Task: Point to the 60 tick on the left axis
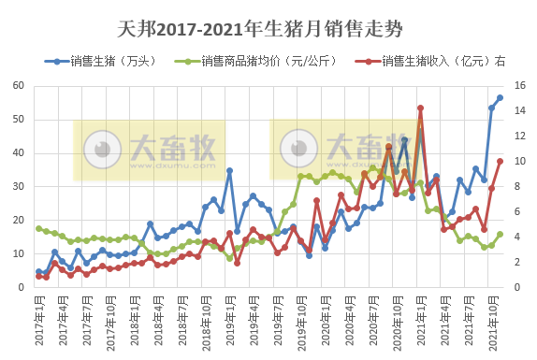click(x=18, y=86)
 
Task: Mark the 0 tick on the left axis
click(x=21, y=287)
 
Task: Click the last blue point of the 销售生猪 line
click(x=500, y=97)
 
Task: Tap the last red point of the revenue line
click(x=500, y=161)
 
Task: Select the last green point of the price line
click(x=500, y=235)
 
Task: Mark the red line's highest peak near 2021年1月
click(x=420, y=108)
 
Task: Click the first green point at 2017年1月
click(x=38, y=228)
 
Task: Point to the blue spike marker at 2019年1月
click(x=229, y=170)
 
